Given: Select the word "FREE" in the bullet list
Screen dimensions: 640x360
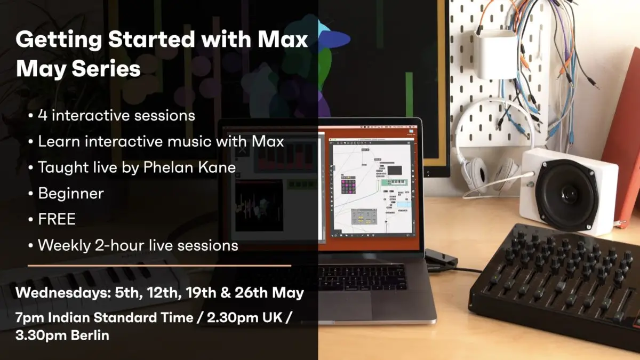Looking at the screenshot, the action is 57,219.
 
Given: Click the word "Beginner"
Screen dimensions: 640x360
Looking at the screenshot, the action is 71,194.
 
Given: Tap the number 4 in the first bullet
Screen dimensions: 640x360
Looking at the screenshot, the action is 43,115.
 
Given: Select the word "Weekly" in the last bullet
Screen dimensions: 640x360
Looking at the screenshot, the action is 65,245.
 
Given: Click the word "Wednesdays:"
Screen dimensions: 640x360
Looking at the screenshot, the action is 63,293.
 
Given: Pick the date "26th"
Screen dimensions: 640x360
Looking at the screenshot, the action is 251,293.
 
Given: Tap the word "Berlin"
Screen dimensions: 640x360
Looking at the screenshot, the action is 90,335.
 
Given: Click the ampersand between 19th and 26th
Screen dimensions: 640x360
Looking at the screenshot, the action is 225,293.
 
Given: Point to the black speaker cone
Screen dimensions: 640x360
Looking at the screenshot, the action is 567,195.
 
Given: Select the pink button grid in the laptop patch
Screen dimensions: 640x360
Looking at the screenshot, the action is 348,186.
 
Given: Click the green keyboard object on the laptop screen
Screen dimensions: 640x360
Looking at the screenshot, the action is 394,182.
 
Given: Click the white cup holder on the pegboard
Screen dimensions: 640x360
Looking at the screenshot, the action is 495,54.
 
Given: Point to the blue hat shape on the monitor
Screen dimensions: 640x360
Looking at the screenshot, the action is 332,35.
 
